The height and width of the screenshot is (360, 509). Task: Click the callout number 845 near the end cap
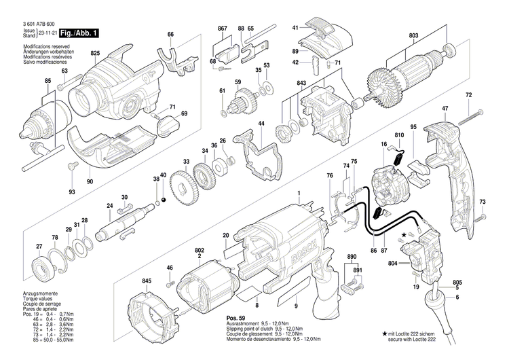coord(147,281)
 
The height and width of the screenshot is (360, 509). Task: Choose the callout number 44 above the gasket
coord(260,124)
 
